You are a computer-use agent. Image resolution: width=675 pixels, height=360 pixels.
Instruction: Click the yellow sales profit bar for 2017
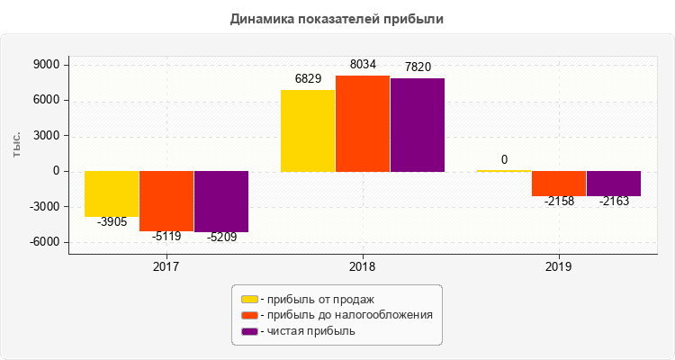click(x=112, y=193)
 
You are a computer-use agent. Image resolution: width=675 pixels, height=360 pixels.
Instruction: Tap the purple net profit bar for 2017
click(x=221, y=202)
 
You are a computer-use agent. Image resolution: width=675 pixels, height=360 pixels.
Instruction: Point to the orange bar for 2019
click(x=559, y=184)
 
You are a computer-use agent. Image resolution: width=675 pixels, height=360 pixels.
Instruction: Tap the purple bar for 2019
click(x=614, y=184)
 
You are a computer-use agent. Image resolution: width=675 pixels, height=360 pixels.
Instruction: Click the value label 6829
click(x=309, y=79)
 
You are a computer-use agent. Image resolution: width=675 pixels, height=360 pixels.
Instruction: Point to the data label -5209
click(x=220, y=238)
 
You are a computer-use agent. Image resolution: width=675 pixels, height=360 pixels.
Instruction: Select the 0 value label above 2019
click(x=504, y=160)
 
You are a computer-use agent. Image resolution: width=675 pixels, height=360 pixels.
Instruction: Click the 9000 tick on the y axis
click(x=45, y=66)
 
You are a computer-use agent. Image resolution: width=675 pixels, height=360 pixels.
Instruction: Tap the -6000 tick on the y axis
click(x=43, y=242)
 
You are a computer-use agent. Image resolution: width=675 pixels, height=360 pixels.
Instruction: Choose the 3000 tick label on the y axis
click(x=45, y=137)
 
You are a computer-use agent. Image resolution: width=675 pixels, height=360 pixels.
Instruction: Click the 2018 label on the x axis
click(x=363, y=267)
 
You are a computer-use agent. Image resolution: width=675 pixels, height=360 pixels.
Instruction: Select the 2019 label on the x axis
click(x=559, y=267)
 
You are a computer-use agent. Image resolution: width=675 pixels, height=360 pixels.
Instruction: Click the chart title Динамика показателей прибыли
click(x=337, y=18)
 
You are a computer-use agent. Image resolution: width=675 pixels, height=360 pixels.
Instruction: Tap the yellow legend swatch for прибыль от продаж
click(x=249, y=299)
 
